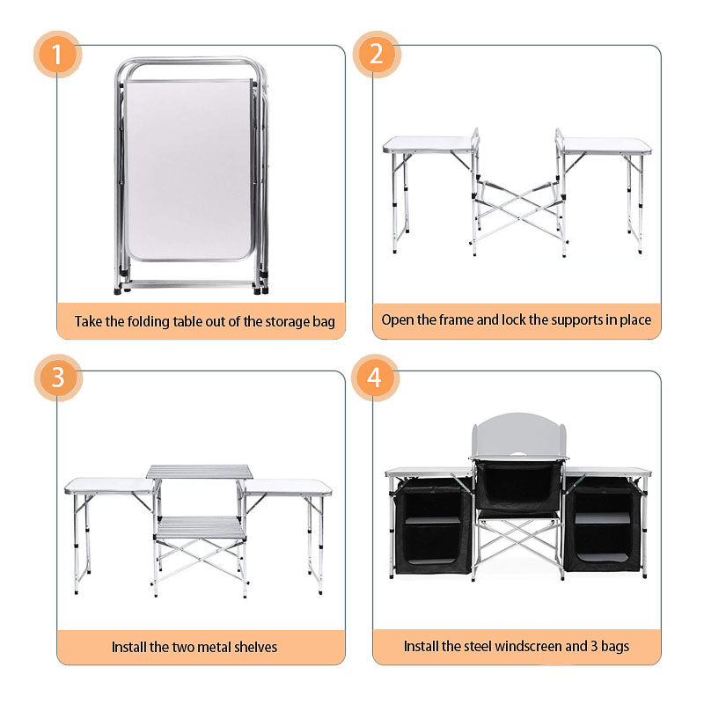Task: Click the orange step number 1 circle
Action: coord(58,55)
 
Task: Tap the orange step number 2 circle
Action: coord(377,55)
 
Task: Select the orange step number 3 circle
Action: coord(58,378)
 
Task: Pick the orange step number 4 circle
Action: coord(376,378)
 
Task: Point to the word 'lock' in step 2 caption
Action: coord(514,320)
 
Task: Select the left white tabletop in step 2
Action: coord(429,144)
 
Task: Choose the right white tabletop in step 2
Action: coord(606,145)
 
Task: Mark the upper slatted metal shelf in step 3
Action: coord(199,473)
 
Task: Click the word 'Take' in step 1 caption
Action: coord(90,321)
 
